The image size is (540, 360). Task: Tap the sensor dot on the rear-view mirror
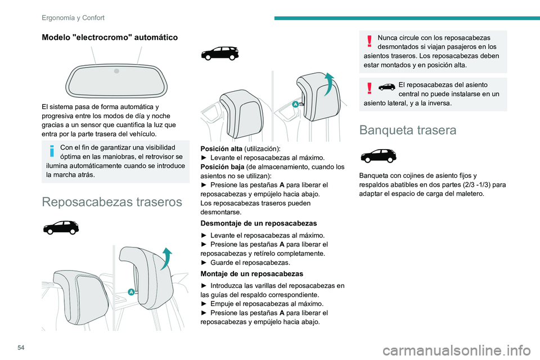tap(116, 71)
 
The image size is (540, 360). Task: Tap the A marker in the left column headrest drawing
tap(130, 291)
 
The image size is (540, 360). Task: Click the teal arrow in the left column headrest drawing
tap(167, 259)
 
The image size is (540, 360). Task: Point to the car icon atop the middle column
tap(220, 54)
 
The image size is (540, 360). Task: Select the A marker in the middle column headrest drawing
tap(294, 105)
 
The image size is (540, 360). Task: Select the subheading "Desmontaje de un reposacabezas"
tap(255, 223)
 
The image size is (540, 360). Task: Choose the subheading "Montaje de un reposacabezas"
tap(248, 274)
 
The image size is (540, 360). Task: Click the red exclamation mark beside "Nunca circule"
tap(369, 40)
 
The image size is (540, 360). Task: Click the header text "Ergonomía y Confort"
tap(73, 18)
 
